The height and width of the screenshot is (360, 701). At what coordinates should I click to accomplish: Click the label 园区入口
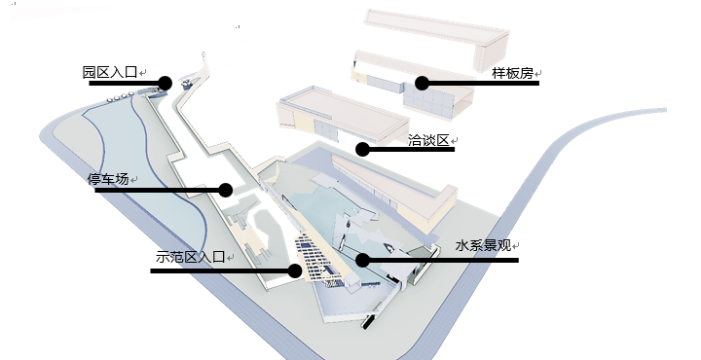[x=109, y=72]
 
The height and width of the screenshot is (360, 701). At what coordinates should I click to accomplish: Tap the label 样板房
[x=513, y=73]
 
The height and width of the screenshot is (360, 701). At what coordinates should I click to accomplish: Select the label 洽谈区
[x=428, y=140]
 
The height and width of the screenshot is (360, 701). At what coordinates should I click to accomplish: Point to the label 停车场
[x=108, y=179]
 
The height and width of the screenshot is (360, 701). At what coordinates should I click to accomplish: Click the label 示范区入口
[x=190, y=257]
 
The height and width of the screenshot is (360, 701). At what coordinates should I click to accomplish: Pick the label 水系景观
[x=483, y=245]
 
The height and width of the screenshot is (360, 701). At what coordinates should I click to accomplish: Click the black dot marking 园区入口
[x=165, y=83]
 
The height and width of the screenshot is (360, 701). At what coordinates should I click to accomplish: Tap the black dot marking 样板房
[x=422, y=83]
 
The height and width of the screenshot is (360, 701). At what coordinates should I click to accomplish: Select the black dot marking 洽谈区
[x=362, y=149]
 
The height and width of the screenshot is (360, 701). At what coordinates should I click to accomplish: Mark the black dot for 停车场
[x=226, y=191]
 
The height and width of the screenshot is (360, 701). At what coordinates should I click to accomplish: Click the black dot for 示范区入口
[x=295, y=270]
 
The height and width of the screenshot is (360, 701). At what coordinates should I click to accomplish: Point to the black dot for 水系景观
[x=362, y=260]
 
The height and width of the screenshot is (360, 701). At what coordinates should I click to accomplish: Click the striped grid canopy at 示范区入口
[x=318, y=258]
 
